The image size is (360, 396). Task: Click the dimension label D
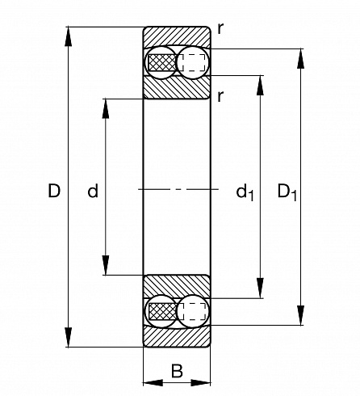click(x=54, y=191)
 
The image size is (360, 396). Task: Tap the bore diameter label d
click(x=93, y=191)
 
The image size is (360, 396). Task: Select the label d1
click(x=245, y=192)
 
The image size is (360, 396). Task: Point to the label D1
click(x=287, y=192)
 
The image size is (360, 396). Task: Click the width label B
click(x=177, y=371)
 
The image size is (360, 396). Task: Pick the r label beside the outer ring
click(x=220, y=28)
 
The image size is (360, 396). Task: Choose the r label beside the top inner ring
click(x=220, y=96)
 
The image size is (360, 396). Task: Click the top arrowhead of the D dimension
click(x=69, y=36)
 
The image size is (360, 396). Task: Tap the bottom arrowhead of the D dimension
click(x=69, y=337)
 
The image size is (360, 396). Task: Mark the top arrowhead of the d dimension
click(x=106, y=109)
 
